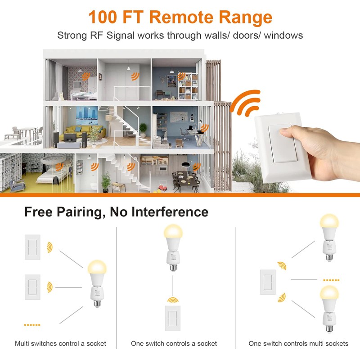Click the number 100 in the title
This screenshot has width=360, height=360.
(x=103, y=17)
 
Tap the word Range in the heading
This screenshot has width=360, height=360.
(x=246, y=17)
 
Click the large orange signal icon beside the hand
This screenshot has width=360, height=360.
(x=246, y=103)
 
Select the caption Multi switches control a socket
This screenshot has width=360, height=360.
(x=60, y=343)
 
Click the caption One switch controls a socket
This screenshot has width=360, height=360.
(x=174, y=343)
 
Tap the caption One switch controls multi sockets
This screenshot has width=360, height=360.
(x=298, y=343)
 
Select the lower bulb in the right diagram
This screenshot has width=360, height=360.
(x=330, y=306)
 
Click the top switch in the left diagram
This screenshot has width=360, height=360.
(x=33, y=247)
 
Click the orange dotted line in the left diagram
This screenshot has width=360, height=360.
(x=32, y=324)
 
